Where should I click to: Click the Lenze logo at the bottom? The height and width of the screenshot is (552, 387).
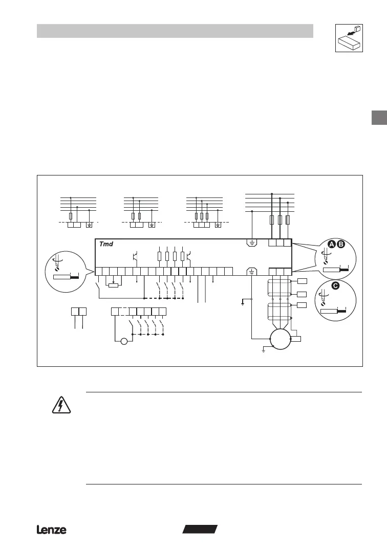tap(51, 530)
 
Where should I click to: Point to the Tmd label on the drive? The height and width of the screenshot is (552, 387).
tap(107, 244)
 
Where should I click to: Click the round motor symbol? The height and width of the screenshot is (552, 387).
tap(279, 339)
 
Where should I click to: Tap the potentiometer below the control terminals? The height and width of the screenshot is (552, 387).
tap(114, 285)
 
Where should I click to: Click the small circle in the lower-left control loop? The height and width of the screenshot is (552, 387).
tap(123, 341)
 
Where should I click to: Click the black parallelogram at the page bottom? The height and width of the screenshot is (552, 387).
tap(200, 529)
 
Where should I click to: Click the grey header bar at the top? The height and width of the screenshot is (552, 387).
tap(175, 31)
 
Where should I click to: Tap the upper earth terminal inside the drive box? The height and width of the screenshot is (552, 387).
tap(252, 242)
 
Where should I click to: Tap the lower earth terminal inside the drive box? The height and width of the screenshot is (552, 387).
tap(252, 272)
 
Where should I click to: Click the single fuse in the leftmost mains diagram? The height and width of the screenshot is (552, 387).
tap(71, 216)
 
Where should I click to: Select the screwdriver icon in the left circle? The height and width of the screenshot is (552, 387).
tap(57, 264)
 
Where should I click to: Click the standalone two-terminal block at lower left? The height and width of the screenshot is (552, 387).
tap(78, 312)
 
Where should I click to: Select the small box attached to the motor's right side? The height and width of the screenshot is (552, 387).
tap(295, 339)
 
